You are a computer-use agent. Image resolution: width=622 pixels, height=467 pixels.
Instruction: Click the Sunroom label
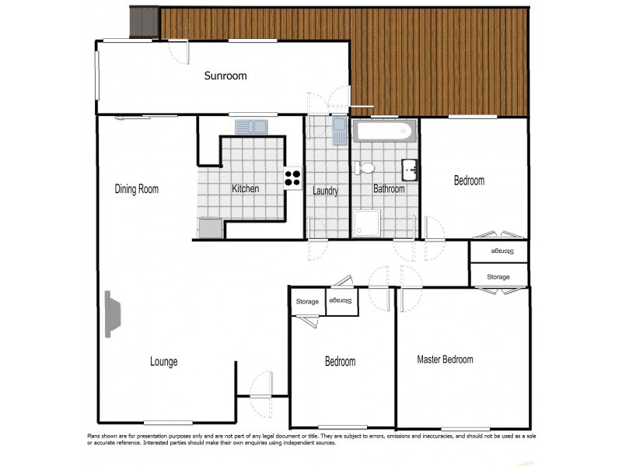tap(225, 75)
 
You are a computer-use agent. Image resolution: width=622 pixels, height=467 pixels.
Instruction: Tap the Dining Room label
tap(137, 189)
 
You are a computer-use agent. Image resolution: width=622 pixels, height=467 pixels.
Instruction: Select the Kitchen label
tap(245, 189)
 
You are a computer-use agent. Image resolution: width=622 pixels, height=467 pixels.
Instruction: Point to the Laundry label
tap(325, 191)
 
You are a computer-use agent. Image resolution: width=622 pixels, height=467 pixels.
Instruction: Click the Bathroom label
tap(389, 189)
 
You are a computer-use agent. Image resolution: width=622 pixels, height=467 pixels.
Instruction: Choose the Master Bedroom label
tap(445, 360)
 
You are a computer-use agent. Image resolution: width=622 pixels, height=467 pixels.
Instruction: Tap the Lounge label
tap(163, 362)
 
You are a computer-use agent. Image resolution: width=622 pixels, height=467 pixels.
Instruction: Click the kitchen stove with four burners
tap(292, 178)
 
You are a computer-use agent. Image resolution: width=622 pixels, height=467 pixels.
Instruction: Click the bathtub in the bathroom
tap(383, 130)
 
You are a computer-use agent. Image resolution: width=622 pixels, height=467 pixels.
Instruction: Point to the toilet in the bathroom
tap(364, 168)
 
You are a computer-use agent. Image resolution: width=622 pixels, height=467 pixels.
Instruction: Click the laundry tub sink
tap(339, 131)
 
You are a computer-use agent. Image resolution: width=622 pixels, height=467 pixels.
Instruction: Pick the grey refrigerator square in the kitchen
tap(211, 227)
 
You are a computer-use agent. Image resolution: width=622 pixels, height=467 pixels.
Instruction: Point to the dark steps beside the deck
tap(144, 21)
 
